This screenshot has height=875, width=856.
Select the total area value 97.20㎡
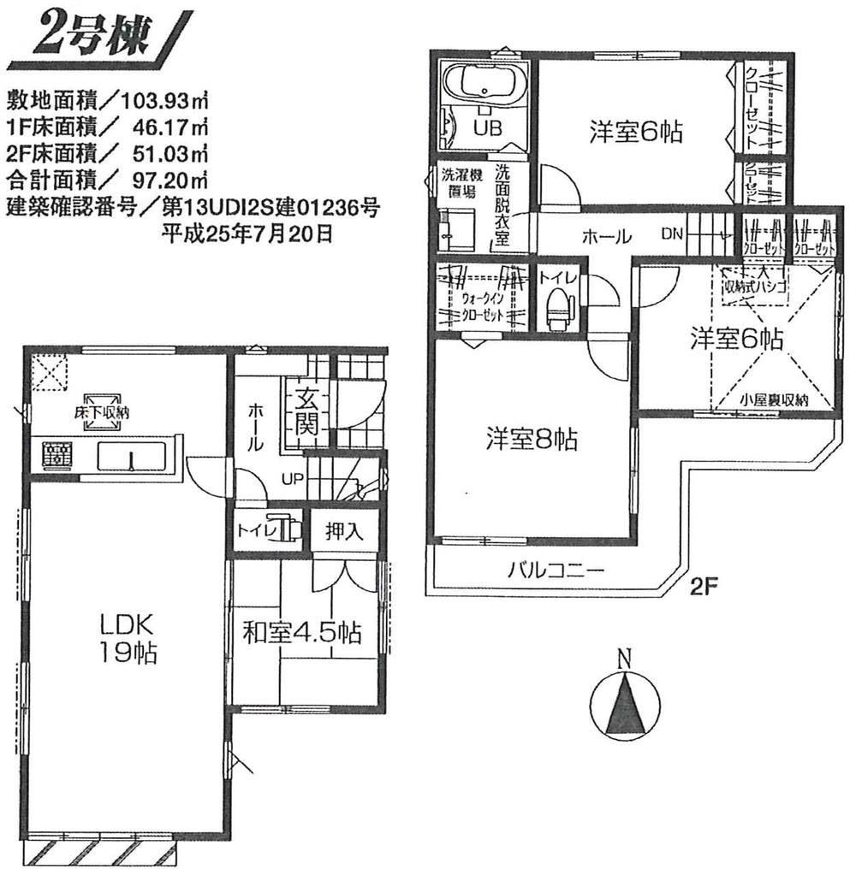pos(166,180)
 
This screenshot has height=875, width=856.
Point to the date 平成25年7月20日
pos(247,233)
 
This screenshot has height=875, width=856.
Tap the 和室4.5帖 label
pos(301,634)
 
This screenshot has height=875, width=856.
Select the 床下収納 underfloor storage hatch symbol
pos(101,405)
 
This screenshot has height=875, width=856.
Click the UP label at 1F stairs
pos(288,478)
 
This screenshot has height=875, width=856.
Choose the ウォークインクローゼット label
pos(482,305)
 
